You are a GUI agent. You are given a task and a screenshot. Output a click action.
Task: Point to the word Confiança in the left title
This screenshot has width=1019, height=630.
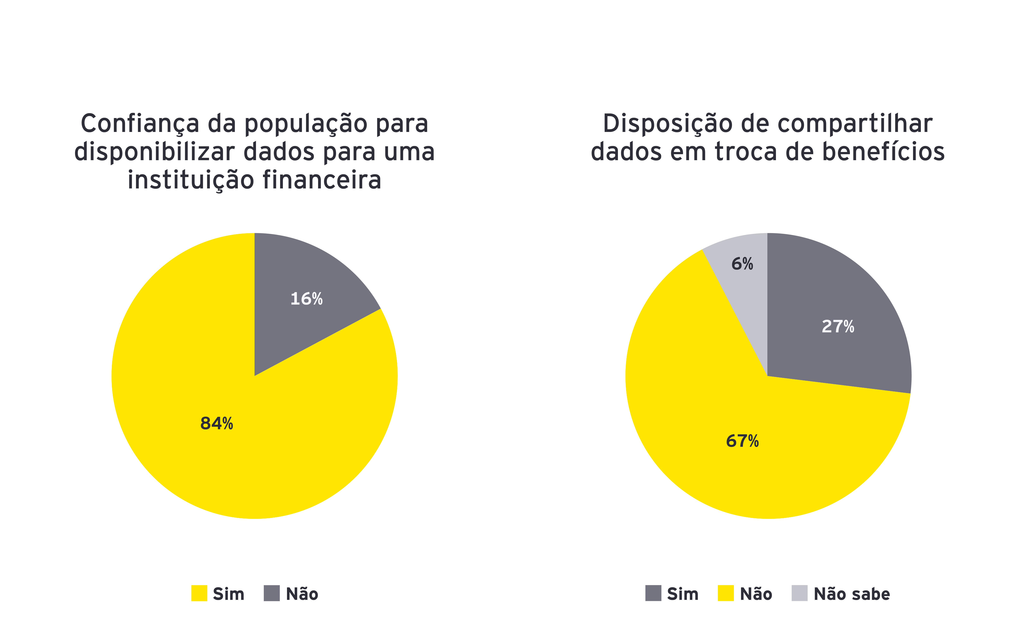(140, 124)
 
